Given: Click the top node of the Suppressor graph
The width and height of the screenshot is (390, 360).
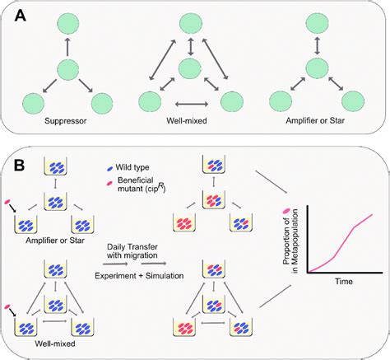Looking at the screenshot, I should pos(67,23).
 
